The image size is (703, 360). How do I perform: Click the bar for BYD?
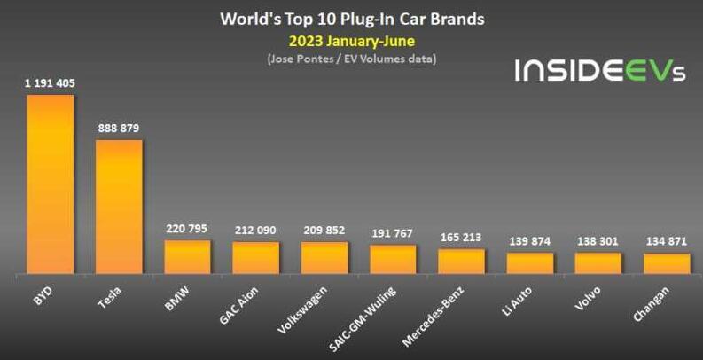(50, 184)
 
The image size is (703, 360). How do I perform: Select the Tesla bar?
(119, 207)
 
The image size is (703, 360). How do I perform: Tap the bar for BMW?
(187, 257)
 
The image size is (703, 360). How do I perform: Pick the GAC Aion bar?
(256, 258)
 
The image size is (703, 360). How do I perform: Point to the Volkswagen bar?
(324, 258)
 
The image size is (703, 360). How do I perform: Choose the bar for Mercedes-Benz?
(462, 262)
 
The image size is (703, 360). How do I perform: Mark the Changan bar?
(667, 264)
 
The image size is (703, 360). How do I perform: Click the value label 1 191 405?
(50, 83)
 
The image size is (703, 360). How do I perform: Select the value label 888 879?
(118, 129)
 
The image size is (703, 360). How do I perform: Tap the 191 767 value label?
(393, 233)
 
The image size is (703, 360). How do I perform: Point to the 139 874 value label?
(530, 241)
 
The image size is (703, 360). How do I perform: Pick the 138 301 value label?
(598, 241)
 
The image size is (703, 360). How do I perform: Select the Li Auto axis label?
(523, 301)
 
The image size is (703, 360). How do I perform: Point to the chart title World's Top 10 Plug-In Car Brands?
(352, 19)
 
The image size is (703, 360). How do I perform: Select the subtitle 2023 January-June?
(352, 41)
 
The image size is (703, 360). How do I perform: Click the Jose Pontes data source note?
(352, 59)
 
